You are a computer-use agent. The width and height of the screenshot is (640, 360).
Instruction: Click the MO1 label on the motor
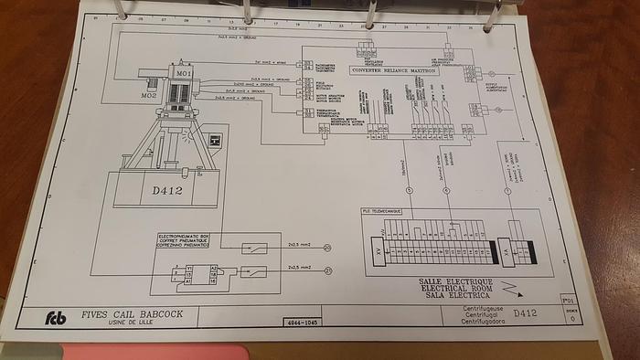[184, 71]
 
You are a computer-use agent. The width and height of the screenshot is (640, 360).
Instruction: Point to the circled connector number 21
[327, 271]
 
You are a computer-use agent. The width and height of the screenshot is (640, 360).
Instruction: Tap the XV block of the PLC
[376, 249]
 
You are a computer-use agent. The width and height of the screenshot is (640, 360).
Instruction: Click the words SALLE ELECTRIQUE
[455, 281]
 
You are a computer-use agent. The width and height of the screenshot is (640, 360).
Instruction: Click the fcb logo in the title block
[57, 318]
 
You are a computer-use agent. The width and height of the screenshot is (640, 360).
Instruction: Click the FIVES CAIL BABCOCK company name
[133, 313]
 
